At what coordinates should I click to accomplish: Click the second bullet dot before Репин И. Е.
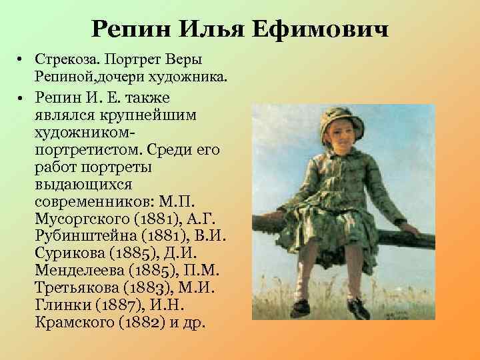[x=23, y=98]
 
